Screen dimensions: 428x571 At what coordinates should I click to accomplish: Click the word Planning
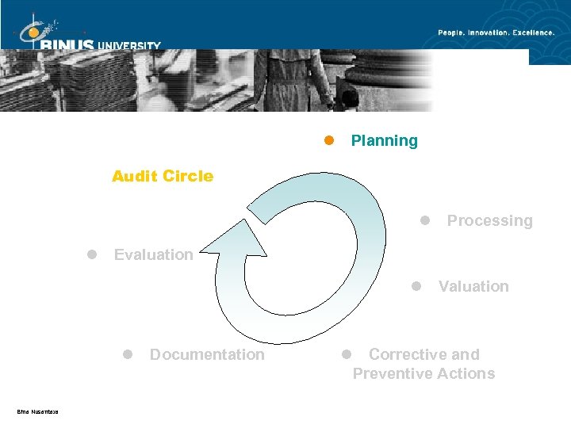coord(384,141)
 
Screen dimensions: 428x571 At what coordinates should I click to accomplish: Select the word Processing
coord(489,221)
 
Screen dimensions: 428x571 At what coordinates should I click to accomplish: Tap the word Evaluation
coord(153,254)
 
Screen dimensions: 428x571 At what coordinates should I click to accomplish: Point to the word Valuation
coord(473,287)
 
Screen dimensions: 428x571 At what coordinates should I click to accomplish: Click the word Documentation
coord(207,355)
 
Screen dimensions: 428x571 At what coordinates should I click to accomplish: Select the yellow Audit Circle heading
coord(163,176)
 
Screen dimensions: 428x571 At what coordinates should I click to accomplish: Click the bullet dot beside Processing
coord(425,220)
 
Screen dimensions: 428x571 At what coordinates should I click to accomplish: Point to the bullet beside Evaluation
coord(92,254)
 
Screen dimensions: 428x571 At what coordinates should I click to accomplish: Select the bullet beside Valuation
coord(416,286)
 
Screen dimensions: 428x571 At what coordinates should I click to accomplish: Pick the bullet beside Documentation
coord(127,354)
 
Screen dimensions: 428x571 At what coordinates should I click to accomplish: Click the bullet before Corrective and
coord(346,354)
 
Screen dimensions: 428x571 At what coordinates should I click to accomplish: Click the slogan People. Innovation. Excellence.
coord(497,32)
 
